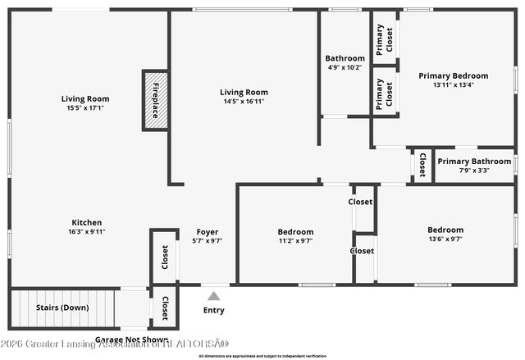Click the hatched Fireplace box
(x=155, y=101)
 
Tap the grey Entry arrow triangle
(x=213, y=296)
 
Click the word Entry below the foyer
(x=213, y=311)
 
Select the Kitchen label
(x=87, y=222)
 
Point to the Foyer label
(x=207, y=231)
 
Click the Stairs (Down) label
(x=64, y=308)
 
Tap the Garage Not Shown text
(x=132, y=339)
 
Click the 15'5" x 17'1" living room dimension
(x=86, y=107)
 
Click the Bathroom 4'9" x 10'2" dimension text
(x=345, y=68)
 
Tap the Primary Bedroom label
(x=453, y=75)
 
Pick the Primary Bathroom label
(x=474, y=162)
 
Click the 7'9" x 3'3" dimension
(x=474, y=171)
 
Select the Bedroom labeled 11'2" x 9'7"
(x=295, y=232)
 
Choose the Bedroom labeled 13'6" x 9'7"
(x=445, y=230)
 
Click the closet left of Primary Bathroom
(x=422, y=166)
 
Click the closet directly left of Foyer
(x=165, y=256)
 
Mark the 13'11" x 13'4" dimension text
(x=453, y=84)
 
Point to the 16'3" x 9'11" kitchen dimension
(x=87, y=231)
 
